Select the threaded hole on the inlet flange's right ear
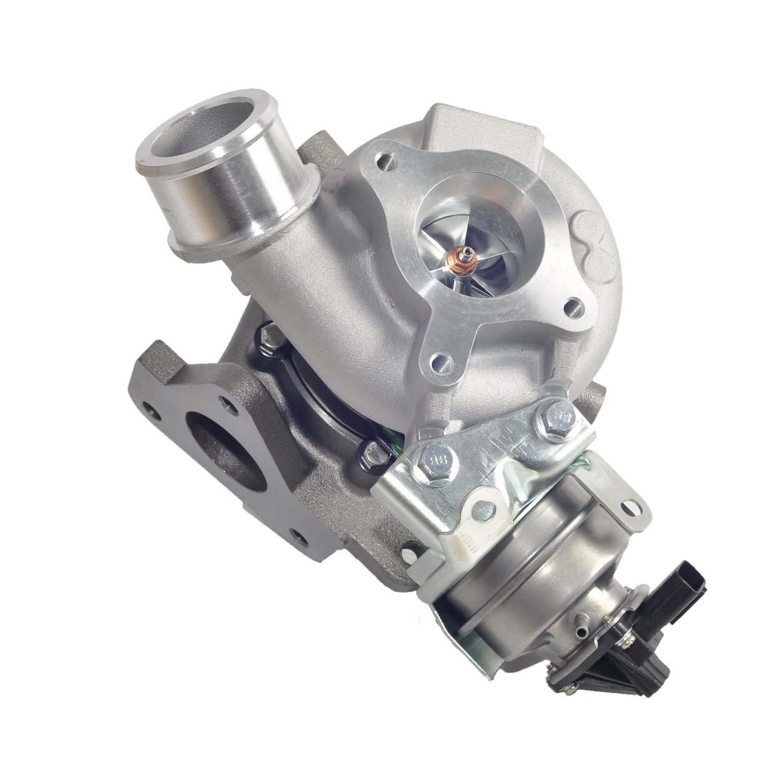pyautogui.click(x=569, y=306)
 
